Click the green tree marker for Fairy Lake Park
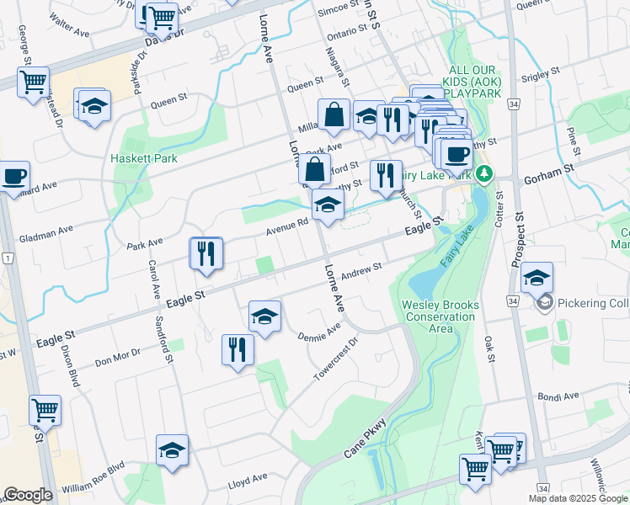pos(483,174)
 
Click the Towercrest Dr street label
pos(336,360)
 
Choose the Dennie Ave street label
pos(319,332)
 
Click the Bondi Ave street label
pos(559,396)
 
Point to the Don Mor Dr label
pos(117,358)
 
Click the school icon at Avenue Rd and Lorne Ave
pos(328,205)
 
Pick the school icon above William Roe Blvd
pos(172,449)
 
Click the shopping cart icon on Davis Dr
pos(161,15)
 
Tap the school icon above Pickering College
pos(537,277)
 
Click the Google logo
pos(27,496)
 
